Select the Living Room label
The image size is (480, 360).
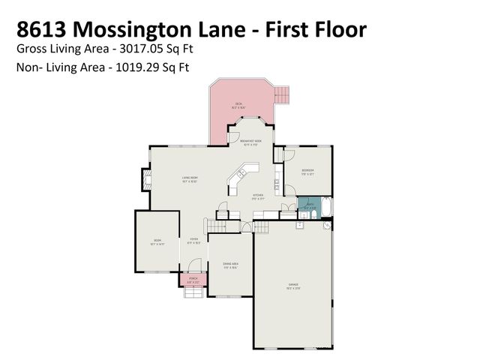189,178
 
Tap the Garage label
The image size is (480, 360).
293,285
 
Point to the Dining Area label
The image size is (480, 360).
230,265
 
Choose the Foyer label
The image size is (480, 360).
193,241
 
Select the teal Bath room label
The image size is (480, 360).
309,205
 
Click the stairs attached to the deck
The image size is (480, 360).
282,94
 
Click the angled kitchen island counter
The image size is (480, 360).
240,181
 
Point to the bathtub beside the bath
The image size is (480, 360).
328,206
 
